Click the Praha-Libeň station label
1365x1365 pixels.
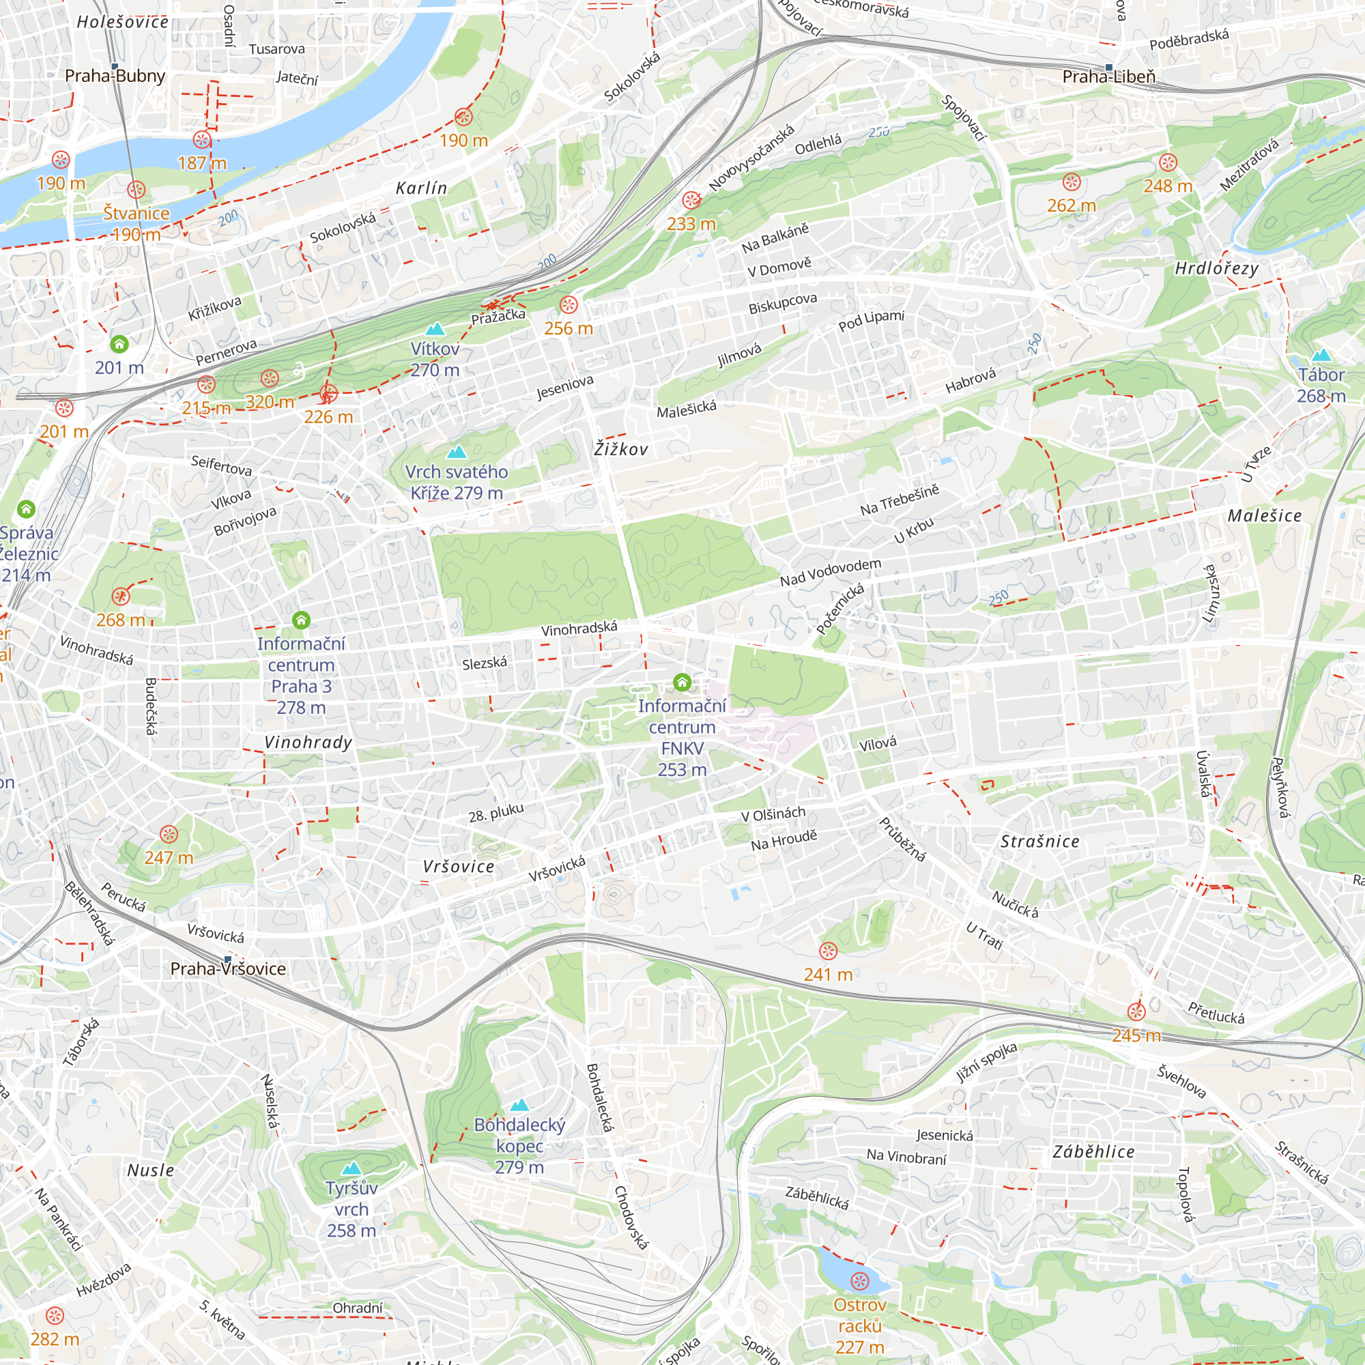point(1108,76)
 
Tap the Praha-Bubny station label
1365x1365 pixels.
point(115,76)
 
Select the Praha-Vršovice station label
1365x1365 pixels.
point(227,968)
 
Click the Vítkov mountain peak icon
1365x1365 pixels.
point(435,329)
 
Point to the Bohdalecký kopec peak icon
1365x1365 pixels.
point(519,1105)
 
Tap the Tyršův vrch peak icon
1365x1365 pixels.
point(351,1168)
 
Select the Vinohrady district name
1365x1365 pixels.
point(308,743)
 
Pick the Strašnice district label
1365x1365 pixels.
point(1039,842)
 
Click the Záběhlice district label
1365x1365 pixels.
point(1093,1151)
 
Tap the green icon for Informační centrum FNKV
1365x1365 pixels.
point(682,682)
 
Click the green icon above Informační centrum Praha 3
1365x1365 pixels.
point(301,620)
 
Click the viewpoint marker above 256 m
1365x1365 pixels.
point(568,305)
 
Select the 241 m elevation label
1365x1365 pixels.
point(828,975)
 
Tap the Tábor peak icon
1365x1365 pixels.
point(1321,356)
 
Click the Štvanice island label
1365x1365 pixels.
point(136,214)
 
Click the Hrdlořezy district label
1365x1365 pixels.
point(1216,268)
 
